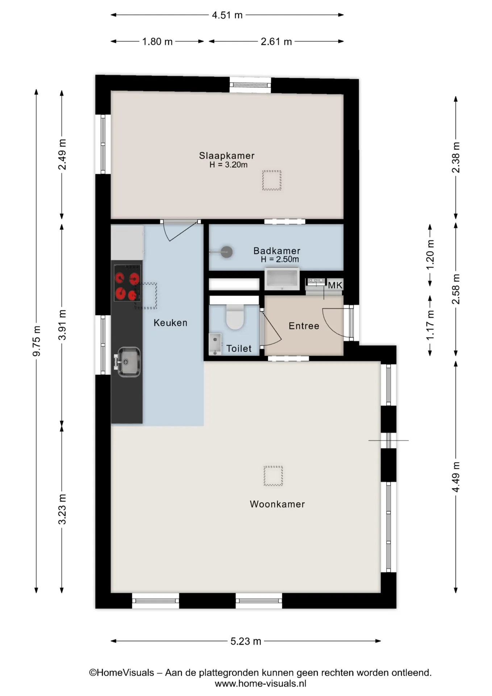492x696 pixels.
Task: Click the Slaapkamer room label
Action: tap(227, 156)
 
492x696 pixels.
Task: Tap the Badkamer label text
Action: tap(277, 251)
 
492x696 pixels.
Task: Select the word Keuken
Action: tap(170, 323)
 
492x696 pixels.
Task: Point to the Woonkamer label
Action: tap(277, 504)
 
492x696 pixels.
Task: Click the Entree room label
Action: tap(304, 326)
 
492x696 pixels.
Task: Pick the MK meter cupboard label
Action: tap(335, 285)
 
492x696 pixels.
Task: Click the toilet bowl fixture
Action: tap(235, 316)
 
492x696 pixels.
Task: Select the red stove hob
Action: tap(126, 283)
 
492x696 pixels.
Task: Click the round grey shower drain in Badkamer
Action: tap(227, 252)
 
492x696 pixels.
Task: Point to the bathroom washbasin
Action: tap(282, 279)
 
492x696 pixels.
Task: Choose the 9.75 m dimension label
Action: tap(37, 341)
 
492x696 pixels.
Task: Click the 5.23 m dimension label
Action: tap(246, 641)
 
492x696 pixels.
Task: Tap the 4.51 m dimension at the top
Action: tap(227, 15)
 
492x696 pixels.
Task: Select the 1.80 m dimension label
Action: tap(157, 42)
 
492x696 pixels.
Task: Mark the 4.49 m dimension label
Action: tap(456, 477)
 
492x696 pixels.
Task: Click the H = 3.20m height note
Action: tap(229, 165)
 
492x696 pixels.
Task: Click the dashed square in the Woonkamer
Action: tap(273, 476)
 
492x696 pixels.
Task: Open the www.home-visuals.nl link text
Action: tap(260, 684)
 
